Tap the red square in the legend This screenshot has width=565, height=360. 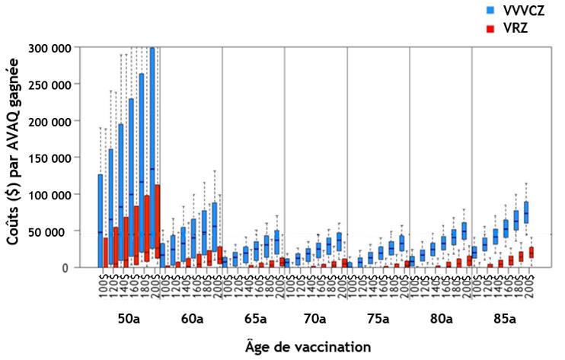pyautogui.click(x=493, y=28)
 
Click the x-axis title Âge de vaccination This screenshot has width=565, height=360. pyautogui.click(x=314, y=346)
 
